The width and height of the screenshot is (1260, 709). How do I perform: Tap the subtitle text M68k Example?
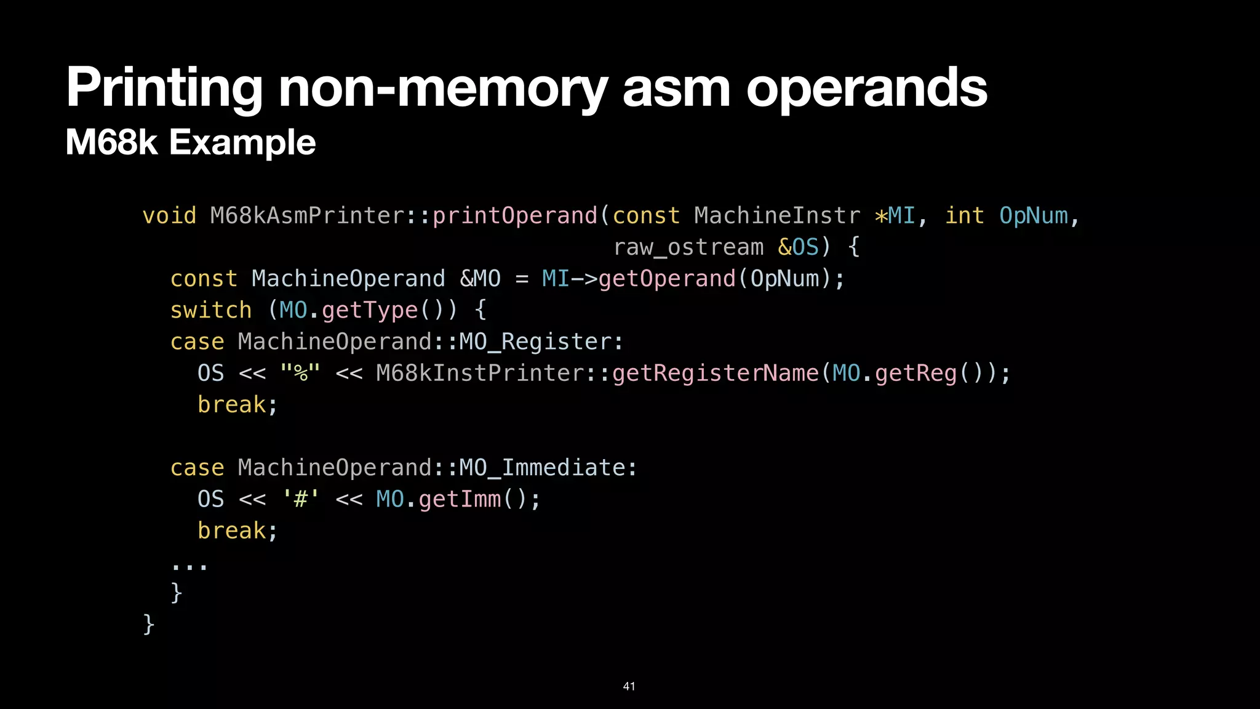tap(190, 142)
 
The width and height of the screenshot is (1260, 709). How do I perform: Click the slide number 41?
tap(629, 686)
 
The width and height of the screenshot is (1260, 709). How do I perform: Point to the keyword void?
tap(169, 216)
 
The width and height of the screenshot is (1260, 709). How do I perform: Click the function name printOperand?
tap(515, 216)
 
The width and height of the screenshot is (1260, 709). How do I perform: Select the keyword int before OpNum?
tap(964, 216)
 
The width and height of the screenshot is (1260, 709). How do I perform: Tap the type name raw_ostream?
tap(688, 247)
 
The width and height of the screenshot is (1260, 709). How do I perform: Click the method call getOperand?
tap(667, 279)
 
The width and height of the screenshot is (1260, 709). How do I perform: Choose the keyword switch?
tap(211, 310)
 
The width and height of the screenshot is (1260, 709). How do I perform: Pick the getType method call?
tap(370, 310)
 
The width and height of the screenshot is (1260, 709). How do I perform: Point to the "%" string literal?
tap(300, 373)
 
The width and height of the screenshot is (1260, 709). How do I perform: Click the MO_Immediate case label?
tap(548, 468)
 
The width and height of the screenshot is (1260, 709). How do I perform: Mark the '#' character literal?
tap(300, 499)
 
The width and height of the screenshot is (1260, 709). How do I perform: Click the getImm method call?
tap(460, 499)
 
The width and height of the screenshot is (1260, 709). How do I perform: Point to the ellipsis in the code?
tap(189, 565)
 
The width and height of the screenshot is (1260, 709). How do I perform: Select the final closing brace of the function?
tap(148, 624)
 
